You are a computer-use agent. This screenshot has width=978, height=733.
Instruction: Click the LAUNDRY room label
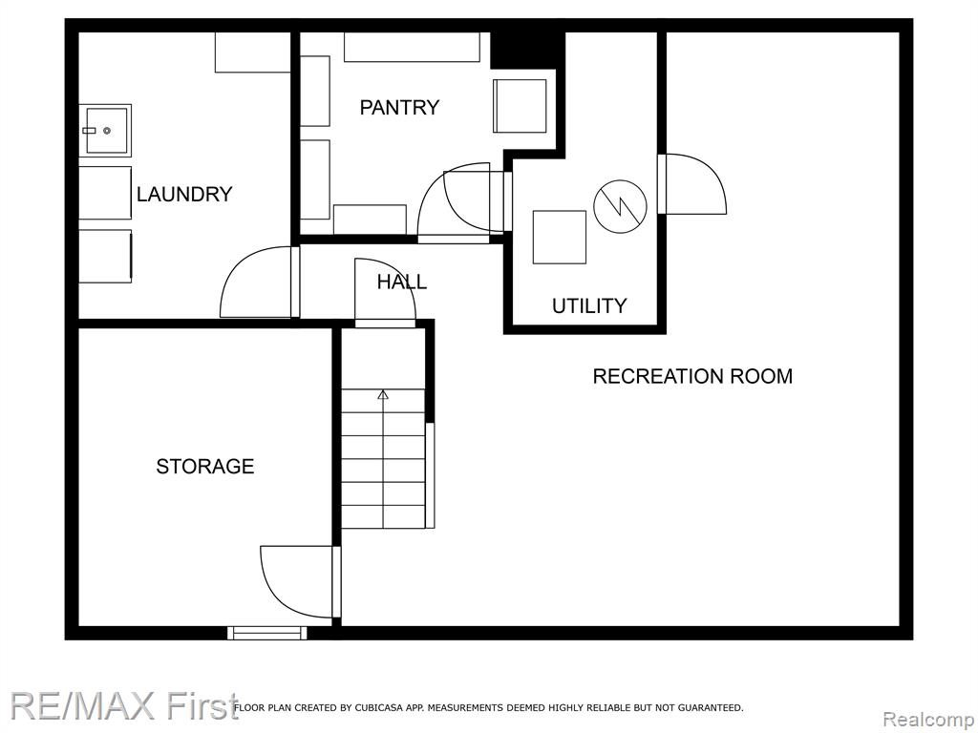tap(184, 195)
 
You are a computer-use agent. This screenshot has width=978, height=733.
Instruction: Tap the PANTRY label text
tap(399, 107)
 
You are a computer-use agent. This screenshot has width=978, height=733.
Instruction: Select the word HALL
tap(402, 282)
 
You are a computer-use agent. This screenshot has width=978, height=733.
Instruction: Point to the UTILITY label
tap(588, 305)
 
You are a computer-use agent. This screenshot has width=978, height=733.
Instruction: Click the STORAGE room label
tap(205, 466)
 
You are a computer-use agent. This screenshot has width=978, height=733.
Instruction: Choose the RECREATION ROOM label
tap(692, 376)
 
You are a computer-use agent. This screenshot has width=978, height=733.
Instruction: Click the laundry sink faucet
tap(89, 131)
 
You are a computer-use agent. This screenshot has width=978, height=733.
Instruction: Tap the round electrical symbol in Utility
tap(619, 206)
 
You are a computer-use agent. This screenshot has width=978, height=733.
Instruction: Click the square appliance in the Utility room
tap(560, 237)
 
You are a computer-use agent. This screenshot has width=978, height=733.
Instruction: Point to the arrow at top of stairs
tap(383, 394)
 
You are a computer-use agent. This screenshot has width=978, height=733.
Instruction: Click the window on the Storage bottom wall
tap(267, 633)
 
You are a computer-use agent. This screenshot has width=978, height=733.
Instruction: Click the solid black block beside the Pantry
tap(527, 50)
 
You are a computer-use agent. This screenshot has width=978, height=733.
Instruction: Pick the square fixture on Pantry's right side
tap(520, 106)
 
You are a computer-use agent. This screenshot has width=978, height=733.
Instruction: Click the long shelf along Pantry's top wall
tap(412, 47)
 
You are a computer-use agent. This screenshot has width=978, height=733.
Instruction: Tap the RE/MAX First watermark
tap(124, 705)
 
